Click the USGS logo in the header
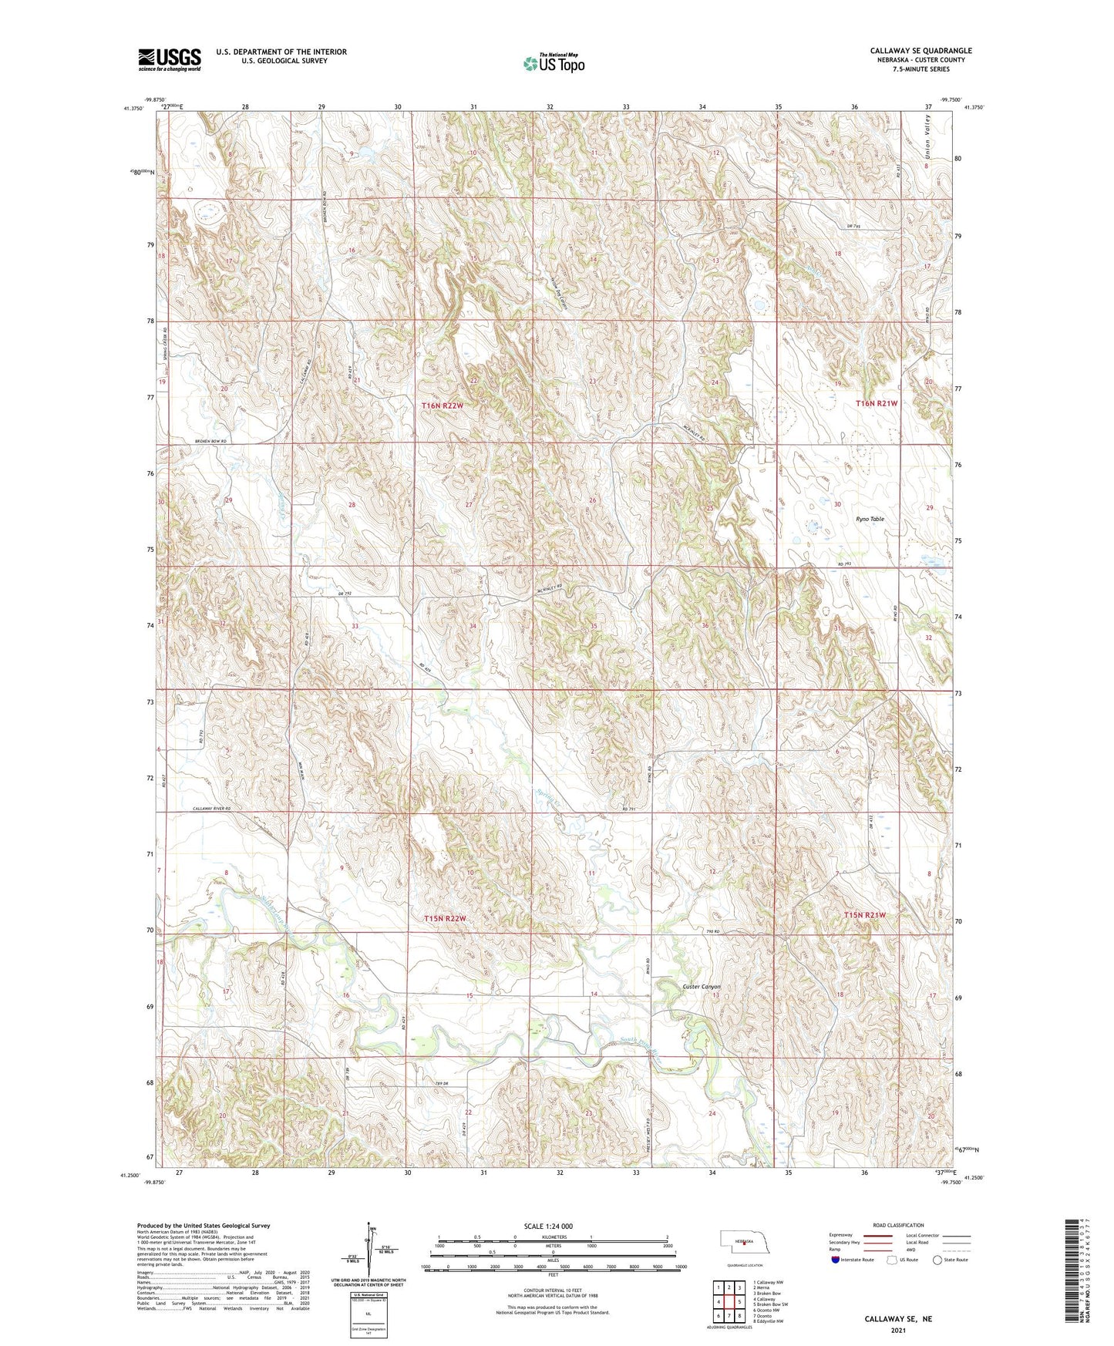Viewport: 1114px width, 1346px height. tap(170, 59)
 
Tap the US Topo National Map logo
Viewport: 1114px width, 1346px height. tap(554, 62)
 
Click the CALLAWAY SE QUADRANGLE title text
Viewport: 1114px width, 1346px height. tap(920, 51)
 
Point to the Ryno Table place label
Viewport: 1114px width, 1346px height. tap(870, 520)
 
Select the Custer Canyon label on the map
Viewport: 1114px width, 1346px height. tap(701, 987)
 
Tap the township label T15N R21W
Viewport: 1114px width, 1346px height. tap(864, 915)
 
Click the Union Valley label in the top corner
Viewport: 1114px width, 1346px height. tap(928, 138)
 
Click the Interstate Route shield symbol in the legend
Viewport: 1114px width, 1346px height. tap(835, 1260)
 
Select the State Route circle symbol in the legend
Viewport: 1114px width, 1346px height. tap(937, 1260)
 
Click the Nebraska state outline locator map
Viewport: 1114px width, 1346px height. tap(743, 1243)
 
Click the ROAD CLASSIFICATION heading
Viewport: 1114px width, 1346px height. tap(898, 1225)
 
